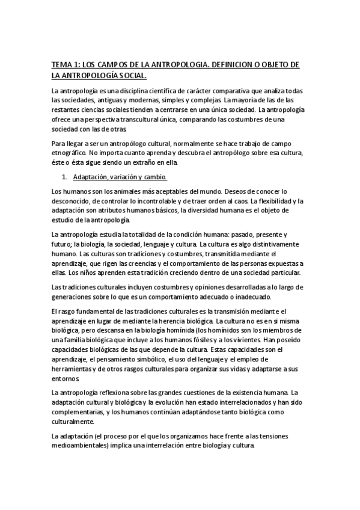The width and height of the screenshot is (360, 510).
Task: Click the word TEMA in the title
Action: [61, 64]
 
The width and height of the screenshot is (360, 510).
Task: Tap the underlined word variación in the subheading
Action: [125, 178]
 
